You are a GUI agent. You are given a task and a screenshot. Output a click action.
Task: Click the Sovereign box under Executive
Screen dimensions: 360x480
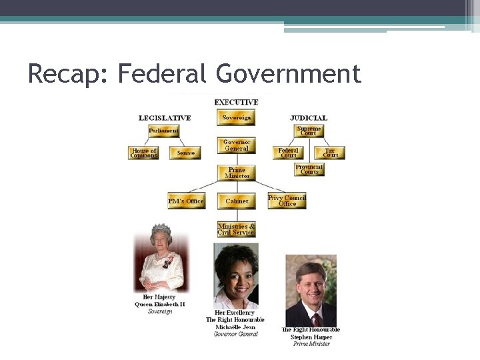click(x=236, y=118)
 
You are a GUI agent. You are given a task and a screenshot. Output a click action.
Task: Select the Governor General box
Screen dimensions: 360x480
click(x=236, y=145)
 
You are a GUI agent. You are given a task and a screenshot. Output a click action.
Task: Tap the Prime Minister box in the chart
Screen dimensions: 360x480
click(x=236, y=173)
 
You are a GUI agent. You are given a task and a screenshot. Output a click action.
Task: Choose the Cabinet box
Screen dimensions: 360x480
click(x=236, y=201)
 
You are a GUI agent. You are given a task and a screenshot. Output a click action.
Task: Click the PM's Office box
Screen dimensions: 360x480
click(x=186, y=201)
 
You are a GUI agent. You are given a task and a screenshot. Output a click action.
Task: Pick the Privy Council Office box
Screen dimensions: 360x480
click(x=287, y=201)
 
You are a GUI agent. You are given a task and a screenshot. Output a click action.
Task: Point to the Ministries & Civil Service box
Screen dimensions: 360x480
click(x=236, y=229)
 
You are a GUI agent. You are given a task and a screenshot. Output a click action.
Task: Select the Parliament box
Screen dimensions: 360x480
click(x=163, y=131)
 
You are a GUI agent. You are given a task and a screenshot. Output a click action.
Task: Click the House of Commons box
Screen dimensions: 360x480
click(x=143, y=153)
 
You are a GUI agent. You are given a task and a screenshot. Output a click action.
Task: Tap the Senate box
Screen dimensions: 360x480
click(x=185, y=153)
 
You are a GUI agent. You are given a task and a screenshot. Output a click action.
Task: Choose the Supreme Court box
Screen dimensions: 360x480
click(x=309, y=131)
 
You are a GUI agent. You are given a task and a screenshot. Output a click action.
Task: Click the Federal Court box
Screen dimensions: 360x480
click(x=288, y=153)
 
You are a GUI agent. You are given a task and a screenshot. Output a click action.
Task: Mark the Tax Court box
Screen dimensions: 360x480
click(x=330, y=153)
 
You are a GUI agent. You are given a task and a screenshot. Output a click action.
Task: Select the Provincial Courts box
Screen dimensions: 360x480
click(x=309, y=170)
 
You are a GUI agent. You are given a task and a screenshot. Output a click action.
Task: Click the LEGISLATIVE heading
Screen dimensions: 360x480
click(x=165, y=118)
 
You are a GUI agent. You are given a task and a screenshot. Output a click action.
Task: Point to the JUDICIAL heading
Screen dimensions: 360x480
click(x=309, y=118)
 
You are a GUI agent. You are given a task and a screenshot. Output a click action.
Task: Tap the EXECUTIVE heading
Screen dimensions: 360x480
click(x=236, y=102)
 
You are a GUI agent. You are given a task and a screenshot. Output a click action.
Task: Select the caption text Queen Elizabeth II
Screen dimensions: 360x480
click(x=160, y=304)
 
